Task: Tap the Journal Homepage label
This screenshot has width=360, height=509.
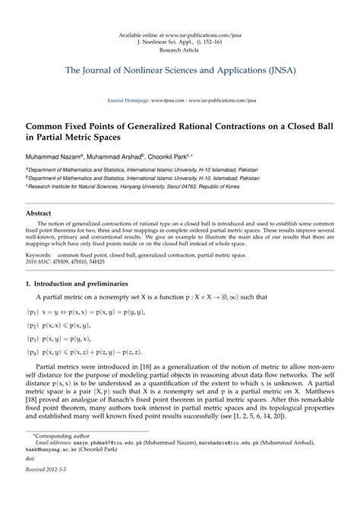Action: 122,100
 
